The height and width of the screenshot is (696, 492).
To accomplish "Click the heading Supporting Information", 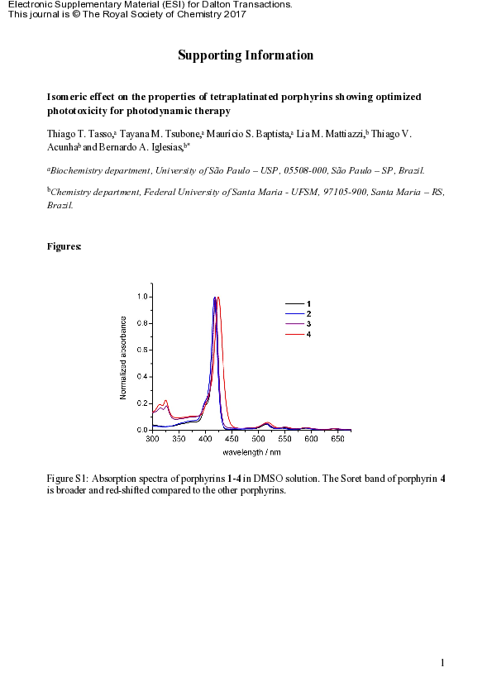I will click(246, 55).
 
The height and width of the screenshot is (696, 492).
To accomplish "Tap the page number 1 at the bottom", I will click(443, 663).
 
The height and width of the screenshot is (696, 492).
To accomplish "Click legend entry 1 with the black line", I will click(308, 305).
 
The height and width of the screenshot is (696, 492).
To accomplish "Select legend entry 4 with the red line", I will click(308, 334).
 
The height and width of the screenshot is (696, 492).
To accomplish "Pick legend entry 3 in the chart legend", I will click(308, 324).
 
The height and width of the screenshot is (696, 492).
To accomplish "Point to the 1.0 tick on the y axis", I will click(142, 297).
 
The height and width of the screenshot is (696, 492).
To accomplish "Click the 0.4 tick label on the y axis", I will click(142, 377).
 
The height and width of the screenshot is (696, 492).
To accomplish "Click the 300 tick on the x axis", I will click(153, 439).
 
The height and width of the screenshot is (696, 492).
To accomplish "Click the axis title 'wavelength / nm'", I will click(251, 452).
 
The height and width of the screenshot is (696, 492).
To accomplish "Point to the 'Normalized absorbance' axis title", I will click(123, 358).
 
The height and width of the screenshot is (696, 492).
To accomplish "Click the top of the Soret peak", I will click(215, 298).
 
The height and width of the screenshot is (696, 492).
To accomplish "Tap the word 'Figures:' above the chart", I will click(64, 246).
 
